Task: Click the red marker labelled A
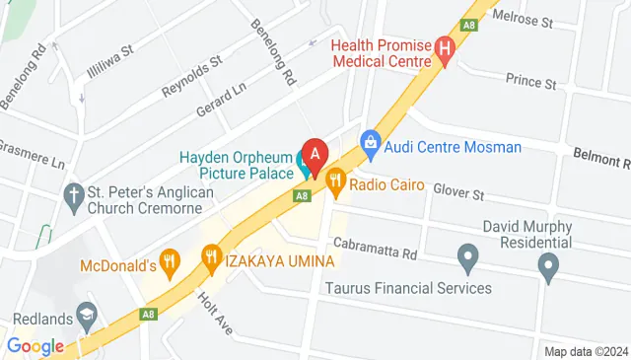pos(315,155)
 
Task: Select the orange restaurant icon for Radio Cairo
pos(335,179)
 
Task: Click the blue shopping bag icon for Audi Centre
pos(371,144)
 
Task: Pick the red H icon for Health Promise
pos(445,46)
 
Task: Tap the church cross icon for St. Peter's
pos(73,194)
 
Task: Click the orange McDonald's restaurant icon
pos(172,261)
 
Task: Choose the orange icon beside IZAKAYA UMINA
pos(210,259)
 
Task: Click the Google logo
pos(35,346)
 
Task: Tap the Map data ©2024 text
pos(586,351)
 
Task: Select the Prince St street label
pos(530,78)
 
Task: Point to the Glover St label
pos(456,193)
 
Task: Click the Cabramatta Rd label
pos(375,249)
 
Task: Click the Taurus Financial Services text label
pos(408,288)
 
